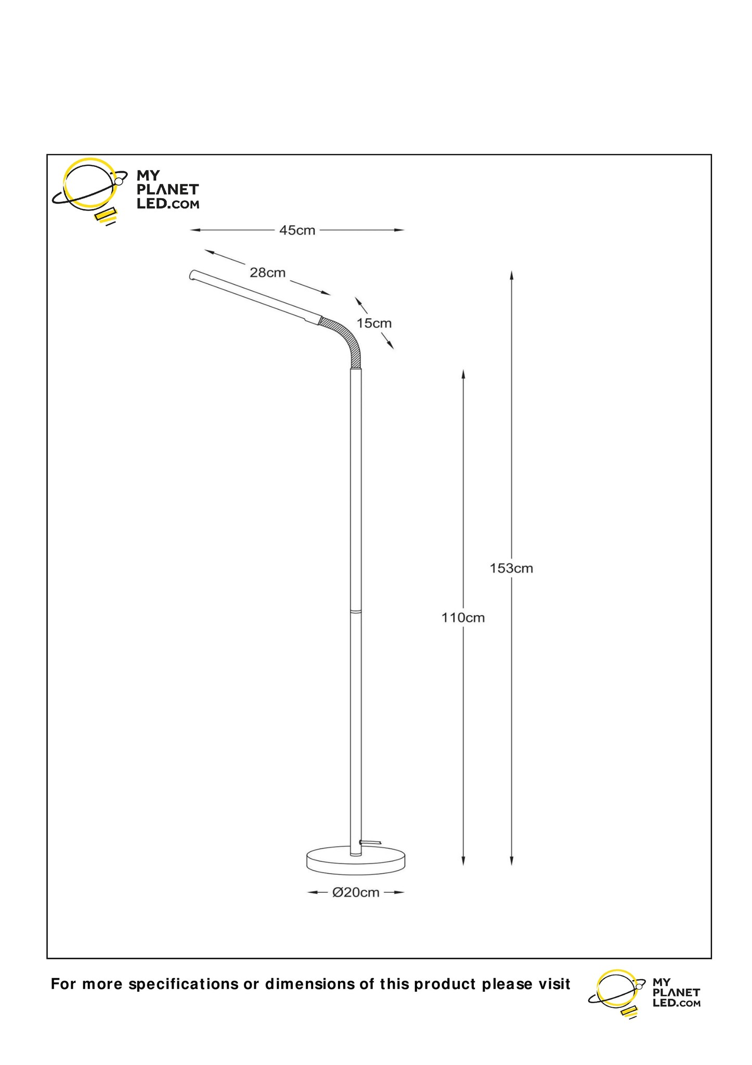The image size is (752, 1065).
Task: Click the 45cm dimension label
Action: (x=297, y=230)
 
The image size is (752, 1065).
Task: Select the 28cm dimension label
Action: (x=268, y=272)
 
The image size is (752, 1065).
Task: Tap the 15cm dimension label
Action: (x=374, y=323)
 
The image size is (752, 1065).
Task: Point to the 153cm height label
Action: (x=511, y=568)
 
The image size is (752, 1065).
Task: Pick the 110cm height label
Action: (x=463, y=618)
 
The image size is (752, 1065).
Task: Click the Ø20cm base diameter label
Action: (x=356, y=893)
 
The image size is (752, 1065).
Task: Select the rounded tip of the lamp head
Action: (x=192, y=275)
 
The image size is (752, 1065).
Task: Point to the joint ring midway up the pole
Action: (x=356, y=612)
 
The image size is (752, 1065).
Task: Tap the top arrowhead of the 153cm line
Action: (x=512, y=276)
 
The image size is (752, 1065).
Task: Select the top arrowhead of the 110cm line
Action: (x=463, y=375)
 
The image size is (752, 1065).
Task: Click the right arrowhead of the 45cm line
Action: (x=399, y=230)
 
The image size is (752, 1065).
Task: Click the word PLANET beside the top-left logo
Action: (x=167, y=190)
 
